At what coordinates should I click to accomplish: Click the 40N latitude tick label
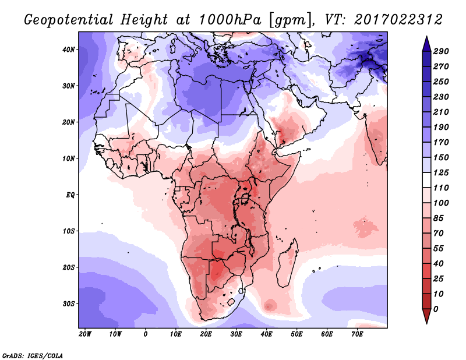(x=69, y=50)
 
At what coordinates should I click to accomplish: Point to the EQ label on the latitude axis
(x=70, y=195)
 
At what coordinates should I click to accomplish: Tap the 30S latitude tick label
(x=69, y=304)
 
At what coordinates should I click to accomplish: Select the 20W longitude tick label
(x=85, y=334)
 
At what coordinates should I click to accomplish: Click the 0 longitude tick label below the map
(x=145, y=334)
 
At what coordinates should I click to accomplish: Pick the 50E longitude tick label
(x=296, y=334)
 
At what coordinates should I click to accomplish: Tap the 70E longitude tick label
(x=357, y=334)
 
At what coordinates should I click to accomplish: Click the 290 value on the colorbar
(x=441, y=51)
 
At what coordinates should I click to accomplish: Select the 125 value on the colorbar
(x=441, y=172)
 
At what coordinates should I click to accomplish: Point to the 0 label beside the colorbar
(x=436, y=309)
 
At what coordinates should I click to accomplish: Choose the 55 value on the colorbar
(x=439, y=249)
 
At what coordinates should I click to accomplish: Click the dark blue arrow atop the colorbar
(x=426, y=44)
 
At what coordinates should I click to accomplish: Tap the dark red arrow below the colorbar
(x=426, y=316)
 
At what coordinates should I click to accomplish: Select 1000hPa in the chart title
(x=230, y=20)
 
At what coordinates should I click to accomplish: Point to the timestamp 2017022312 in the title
(x=398, y=20)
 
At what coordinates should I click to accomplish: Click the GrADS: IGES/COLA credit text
(x=33, y=356)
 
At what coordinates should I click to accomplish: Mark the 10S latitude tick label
(x=69, y=231)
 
